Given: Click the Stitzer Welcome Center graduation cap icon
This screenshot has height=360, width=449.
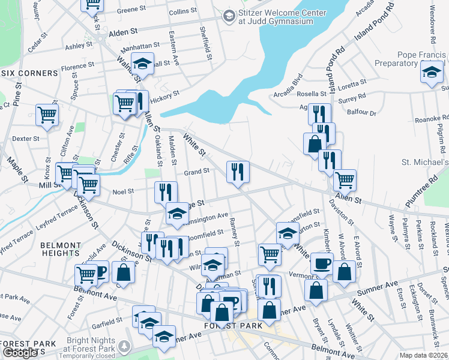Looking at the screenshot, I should [229, 16].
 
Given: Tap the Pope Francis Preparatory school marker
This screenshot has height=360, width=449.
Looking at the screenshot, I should [431, 73].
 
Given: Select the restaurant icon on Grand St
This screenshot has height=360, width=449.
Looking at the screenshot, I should [238, 172].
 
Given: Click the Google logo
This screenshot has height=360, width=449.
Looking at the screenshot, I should [20, 353].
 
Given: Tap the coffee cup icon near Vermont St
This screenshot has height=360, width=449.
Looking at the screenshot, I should [322, 263].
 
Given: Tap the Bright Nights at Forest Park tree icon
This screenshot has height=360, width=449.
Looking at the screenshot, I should [125, 347].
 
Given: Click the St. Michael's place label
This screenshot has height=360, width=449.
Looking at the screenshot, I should [425, 163].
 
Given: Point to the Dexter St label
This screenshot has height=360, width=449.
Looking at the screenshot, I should [26, 138].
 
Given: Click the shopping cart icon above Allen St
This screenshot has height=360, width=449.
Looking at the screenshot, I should [345, 179].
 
